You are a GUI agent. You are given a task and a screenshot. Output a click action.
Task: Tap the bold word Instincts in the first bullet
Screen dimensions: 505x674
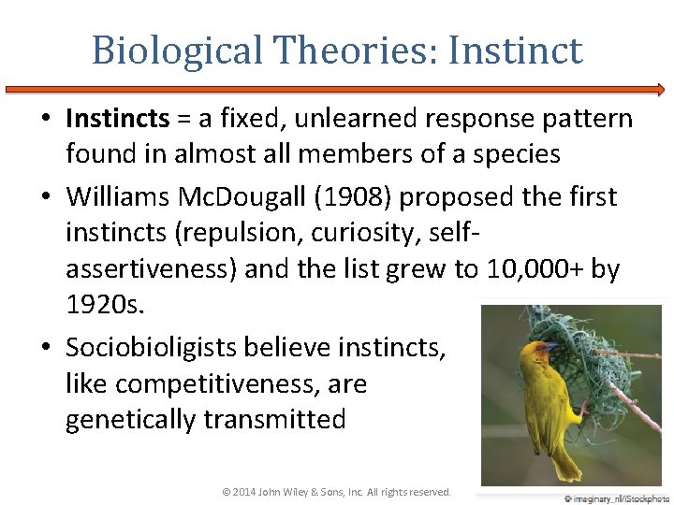point(117,119)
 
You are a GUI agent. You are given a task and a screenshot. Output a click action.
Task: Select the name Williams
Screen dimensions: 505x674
point(123,197)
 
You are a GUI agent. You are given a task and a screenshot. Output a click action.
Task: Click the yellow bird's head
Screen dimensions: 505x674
point(539,354)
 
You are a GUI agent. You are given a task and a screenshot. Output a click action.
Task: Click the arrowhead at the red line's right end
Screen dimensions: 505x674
point(660,90)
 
